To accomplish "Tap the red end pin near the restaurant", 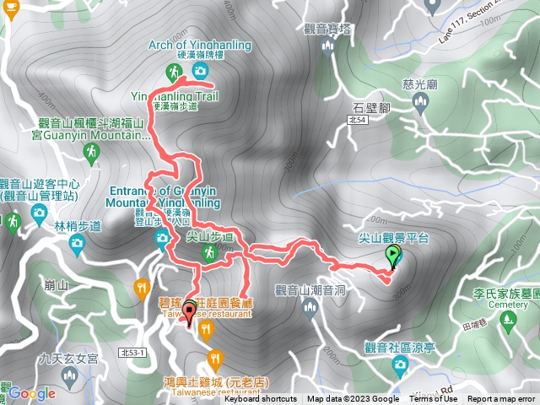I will [x=188, y=315].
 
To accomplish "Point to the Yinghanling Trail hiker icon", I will [x=173, y=71].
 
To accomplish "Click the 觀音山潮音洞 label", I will [x=310, y=291].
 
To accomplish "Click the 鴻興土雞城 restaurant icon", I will [x=215, y=358].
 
